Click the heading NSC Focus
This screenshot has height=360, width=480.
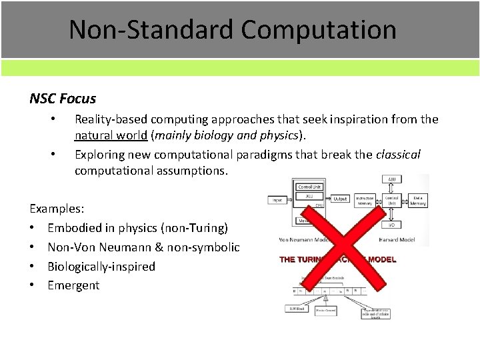pyautogui.click(x=63, y=99)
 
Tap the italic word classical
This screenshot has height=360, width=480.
pyautogui.click(x=398, y=154)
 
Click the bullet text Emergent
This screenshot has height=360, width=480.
pyautogui.click(x=73, y=285)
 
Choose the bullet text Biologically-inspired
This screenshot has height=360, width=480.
pyautogui.click(x=101, y=266)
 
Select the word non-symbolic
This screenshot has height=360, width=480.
pyautogui.click(x=208, y=247)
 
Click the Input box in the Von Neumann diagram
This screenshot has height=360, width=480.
pyautogui.click(x=277, y=199)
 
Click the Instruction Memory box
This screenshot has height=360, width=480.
pyautogui.click(x=363, y=199)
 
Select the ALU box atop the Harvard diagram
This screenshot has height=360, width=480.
pyautogui.click(x=390, y=179)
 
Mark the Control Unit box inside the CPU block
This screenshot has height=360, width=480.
pyautogui.click(x=309, y=187)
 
